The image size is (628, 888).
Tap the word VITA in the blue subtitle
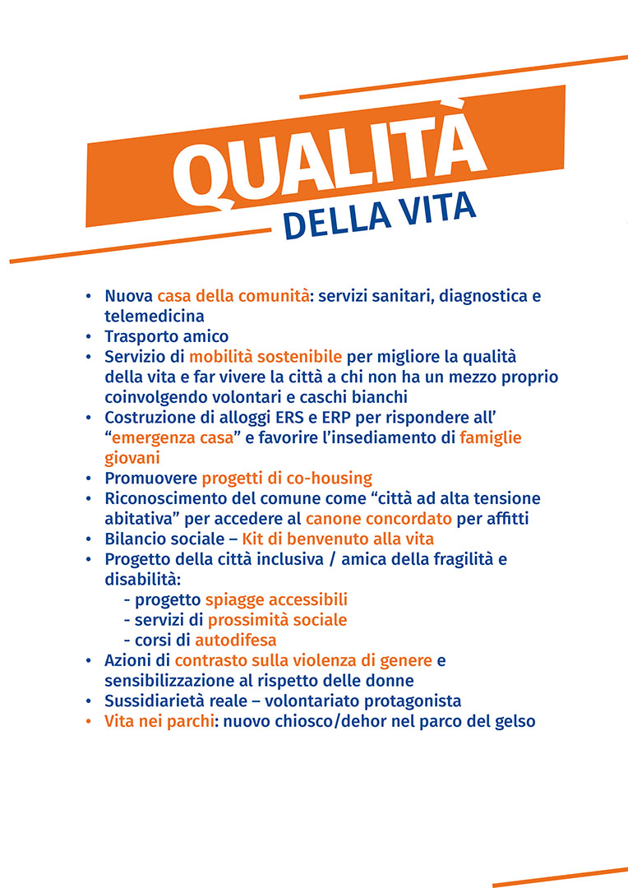coord(436,211)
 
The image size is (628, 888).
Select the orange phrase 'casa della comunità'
coord(233,296)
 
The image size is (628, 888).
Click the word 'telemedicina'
coord(154,316)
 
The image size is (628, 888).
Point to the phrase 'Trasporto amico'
coord(166,336)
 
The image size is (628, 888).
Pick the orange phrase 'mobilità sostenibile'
coord(266,357)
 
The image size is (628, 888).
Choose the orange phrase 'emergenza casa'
coord(173,437)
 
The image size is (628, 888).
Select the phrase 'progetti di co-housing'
coord(287,478)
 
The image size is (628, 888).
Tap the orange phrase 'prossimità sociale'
coord(277,619)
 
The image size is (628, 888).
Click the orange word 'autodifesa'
coord(235,640)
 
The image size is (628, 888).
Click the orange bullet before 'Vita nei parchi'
coord(89,722)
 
